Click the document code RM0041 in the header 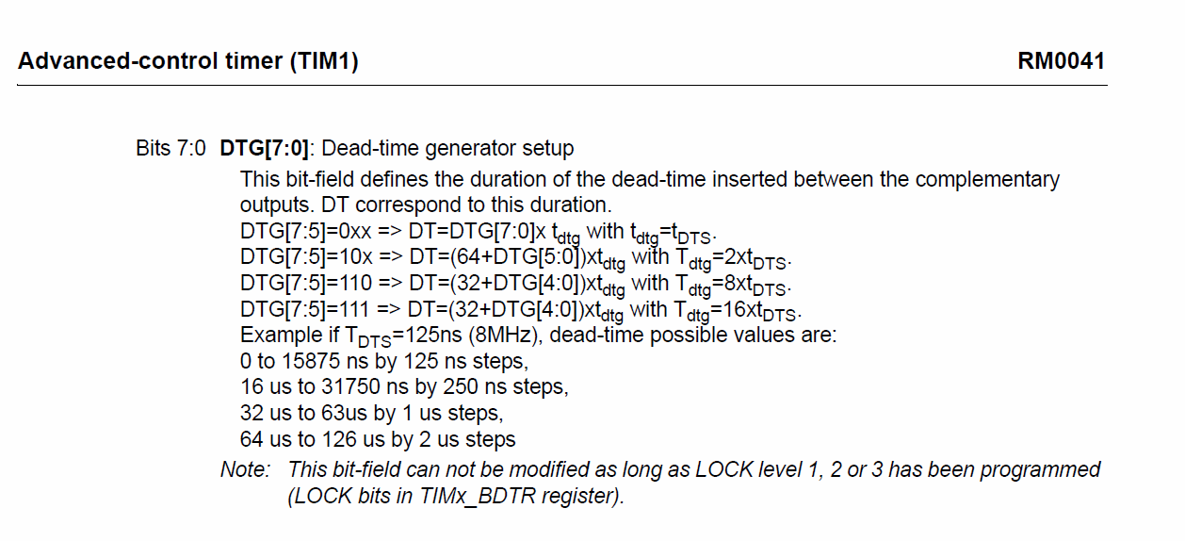(1061, 61)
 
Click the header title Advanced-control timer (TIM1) (187, 61)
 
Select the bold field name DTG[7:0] (264, 148)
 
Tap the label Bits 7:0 (170, 148)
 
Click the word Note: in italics (245, 469)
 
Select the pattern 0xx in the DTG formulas (340, 231)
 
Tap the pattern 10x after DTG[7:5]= (340, 256)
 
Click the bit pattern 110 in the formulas (340, 283)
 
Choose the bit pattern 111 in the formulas (340, 309)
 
